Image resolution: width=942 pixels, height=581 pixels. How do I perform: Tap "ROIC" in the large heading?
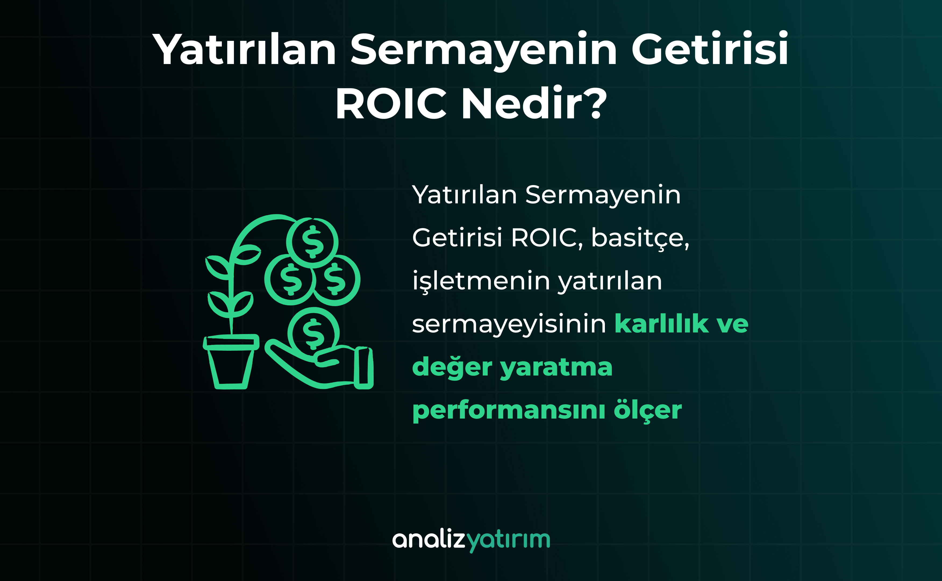tap(391, 103)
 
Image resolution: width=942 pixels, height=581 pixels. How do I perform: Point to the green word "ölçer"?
tap(648, 411)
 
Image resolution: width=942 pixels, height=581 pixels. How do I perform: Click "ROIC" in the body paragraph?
tap(545, 238)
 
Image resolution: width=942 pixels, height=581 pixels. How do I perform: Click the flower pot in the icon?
tap(231, 362)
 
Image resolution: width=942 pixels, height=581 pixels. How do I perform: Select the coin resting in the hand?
tap(313, 333)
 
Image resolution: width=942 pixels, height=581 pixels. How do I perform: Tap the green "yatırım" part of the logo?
tap(508, 541)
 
